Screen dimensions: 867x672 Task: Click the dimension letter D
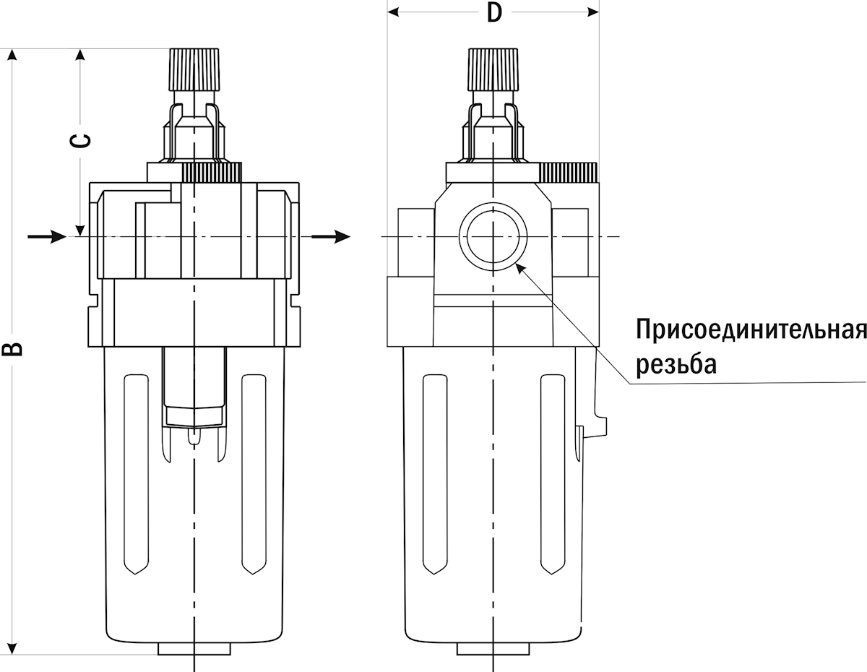point(494,13)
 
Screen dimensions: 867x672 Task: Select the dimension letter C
point(80,140)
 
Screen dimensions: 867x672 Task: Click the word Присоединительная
point(751,329)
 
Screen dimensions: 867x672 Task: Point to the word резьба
point(676,363)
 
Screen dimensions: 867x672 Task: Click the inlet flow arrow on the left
point(47,236)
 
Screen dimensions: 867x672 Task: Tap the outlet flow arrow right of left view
point(331,236)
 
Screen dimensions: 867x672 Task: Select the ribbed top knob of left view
point(194,69)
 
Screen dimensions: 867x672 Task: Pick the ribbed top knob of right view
point(493,69)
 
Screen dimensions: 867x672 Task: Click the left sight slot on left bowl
point(136,475)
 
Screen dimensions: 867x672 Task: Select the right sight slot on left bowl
point(254,475)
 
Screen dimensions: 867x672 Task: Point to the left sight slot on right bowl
point(435,475)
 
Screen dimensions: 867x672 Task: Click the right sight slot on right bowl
point(553,475)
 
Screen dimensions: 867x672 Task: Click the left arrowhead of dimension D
point(393,12)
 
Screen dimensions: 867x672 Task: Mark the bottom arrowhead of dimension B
point(12,649)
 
